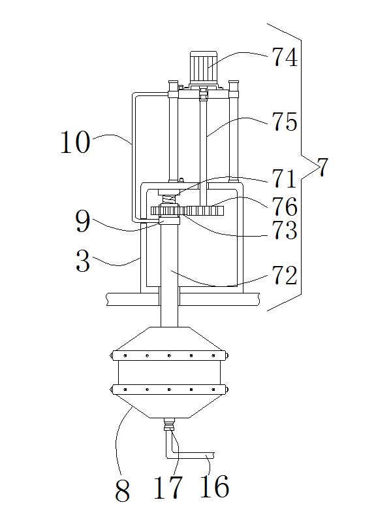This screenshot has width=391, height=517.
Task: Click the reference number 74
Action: click(x=285, y=58)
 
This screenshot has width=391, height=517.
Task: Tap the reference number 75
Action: click(x=285, y=122)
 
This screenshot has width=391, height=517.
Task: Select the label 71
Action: click(x=284, y=178)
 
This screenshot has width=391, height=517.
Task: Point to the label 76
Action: click(x=285, y=207)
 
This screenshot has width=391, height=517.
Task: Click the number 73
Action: click(x=285, y=230)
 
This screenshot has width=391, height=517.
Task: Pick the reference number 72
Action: click(x=285, y=275)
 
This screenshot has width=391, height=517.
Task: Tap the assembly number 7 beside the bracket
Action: click(x=322, y=167)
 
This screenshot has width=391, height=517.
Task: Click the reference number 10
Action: click(x=75, y=142)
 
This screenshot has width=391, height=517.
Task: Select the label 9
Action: click(x=83, y=221)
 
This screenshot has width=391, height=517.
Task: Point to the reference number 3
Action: click(x=83, y=261)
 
